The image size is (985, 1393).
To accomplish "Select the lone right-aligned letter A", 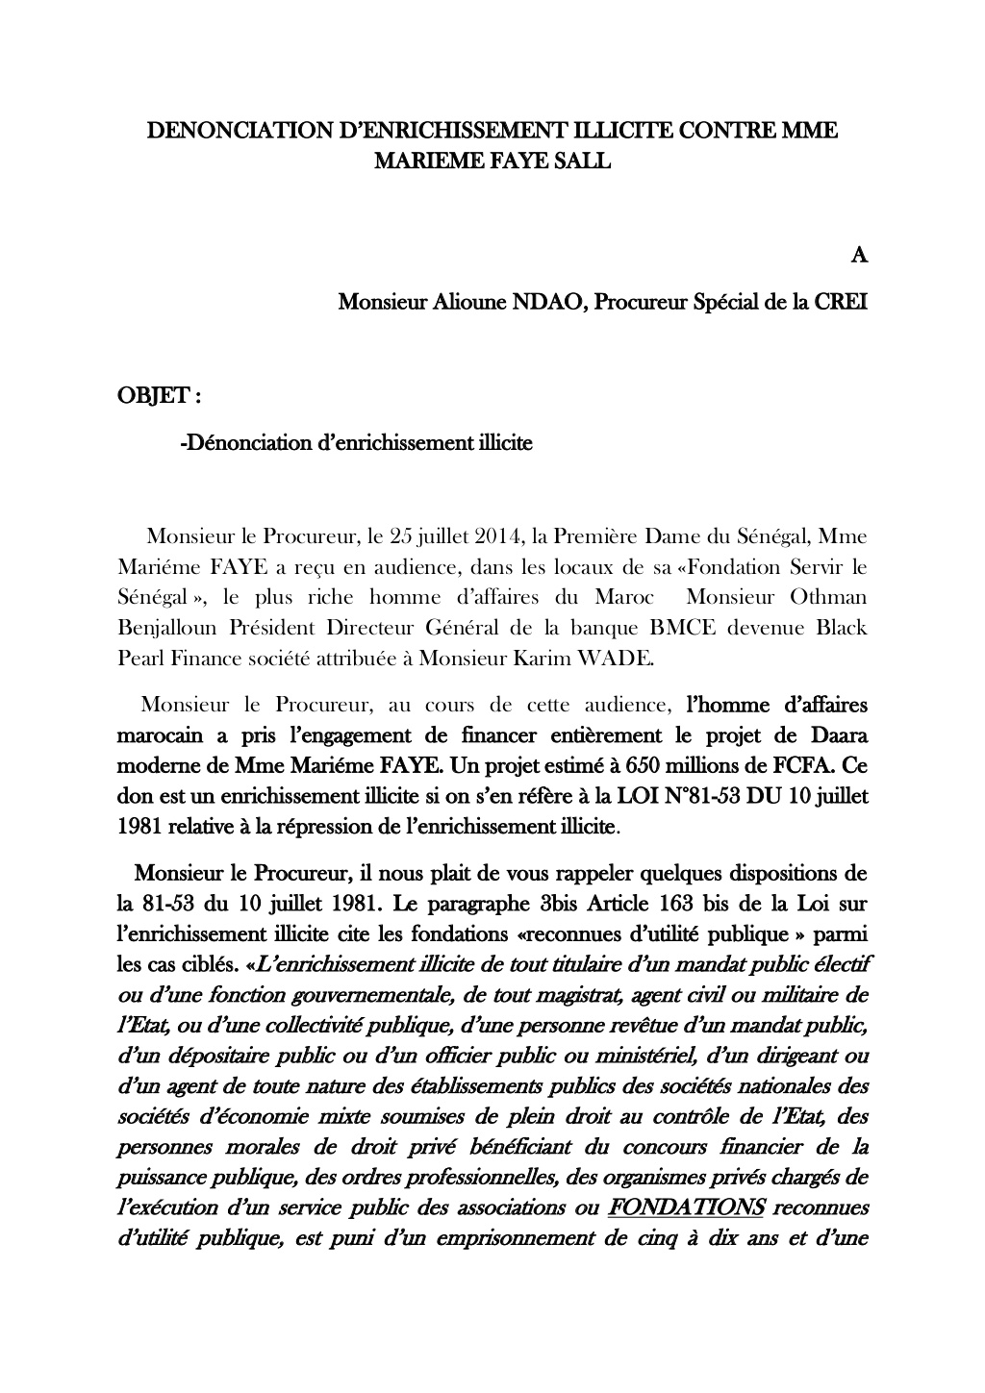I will (x=860, y=255).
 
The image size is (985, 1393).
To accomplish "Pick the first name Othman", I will (x=828, y=597).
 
